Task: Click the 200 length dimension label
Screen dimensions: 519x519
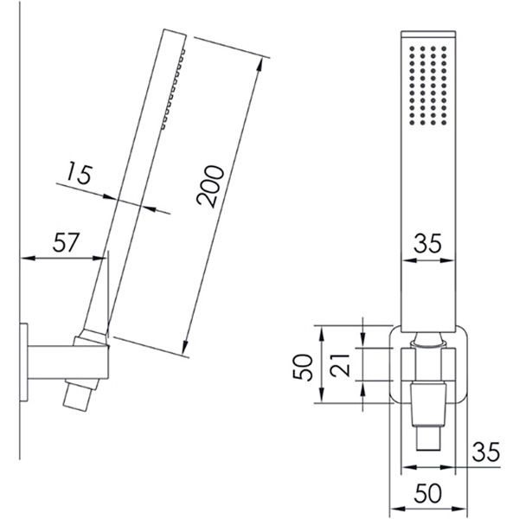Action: pos(210,186)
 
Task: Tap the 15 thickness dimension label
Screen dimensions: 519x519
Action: pos(79,174)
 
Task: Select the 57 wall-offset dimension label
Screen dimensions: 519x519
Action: pos(67,242)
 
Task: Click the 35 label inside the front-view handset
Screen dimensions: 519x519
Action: pos(427,243)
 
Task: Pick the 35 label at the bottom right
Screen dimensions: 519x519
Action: pos(485,452)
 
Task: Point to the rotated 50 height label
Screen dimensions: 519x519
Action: pos(303,367)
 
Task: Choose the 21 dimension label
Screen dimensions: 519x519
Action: pos(340,365)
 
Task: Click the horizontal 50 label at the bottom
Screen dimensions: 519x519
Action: pos(427,493)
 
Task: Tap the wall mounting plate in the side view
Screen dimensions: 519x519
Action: pos(24,362)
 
